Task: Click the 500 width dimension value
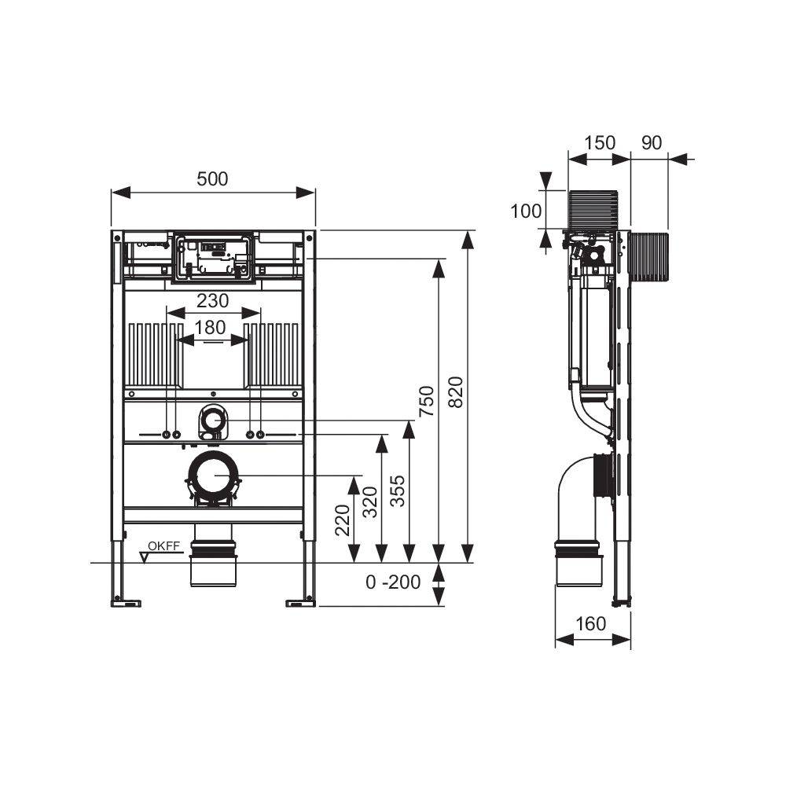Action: click(x=212, y=179)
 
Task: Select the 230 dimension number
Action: click(x=212, y=300)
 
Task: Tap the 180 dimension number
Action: click(x=211, y=328)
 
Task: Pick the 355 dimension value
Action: click(x=398, y=491)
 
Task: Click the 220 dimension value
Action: click(x=343, y=520)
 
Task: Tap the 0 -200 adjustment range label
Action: click(x=393, y=582)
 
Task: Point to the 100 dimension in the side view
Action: click(x=526, y=211)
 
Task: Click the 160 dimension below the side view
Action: click(x=591, y=624)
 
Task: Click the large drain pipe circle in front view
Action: click(x=212, y=476)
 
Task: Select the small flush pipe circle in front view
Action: click(x=212, y=421)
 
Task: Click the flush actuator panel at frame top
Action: click(x=213, y=256)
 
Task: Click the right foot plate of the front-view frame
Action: click(x=300, y=603)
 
